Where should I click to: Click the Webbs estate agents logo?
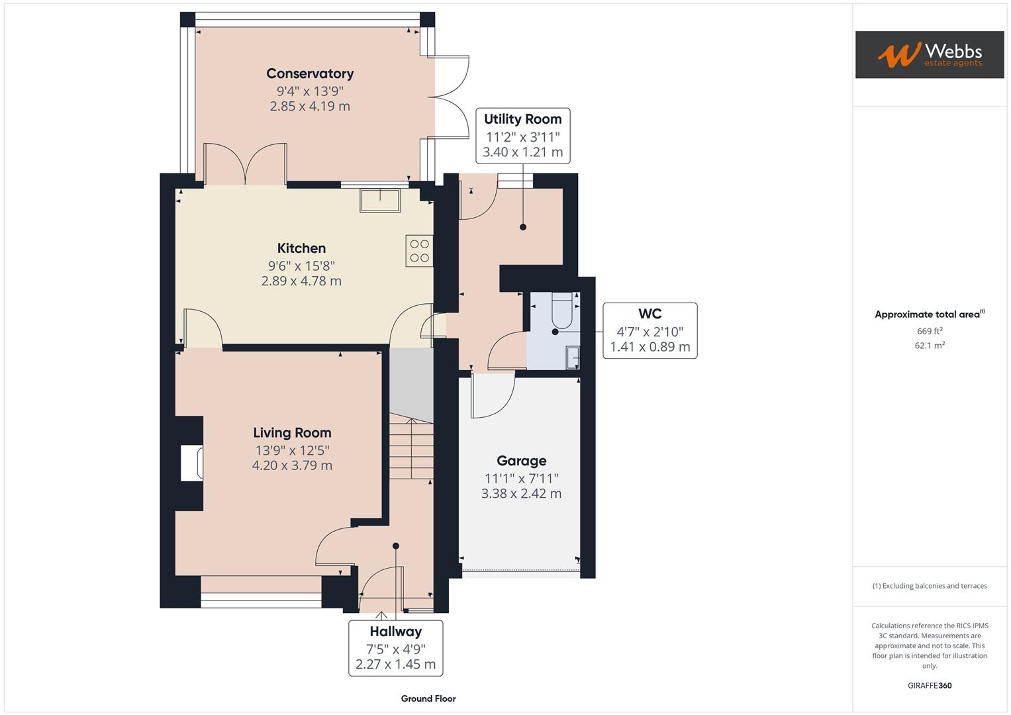point(929,54)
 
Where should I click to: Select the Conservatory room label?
point(310,73)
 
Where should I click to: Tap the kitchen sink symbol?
point(380,201)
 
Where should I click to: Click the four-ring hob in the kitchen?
point(419,251)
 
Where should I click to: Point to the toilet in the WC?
point(562,312)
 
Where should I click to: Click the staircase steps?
point(410,450)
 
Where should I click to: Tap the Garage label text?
point(522,461)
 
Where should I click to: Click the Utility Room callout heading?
point(522,119)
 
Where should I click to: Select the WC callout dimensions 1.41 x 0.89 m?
point(650,347)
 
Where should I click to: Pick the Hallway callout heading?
point(395,632)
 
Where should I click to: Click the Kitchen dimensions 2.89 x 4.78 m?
point(301,281)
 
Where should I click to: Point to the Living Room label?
point(292,433)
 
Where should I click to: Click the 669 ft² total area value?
point(929,331)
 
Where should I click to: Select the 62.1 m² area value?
point(929,346)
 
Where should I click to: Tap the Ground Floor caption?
point(428,698)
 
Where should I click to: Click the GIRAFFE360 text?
point(929,685)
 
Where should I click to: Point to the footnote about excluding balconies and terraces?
point(929,586)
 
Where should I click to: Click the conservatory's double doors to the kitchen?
point(246,164)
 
